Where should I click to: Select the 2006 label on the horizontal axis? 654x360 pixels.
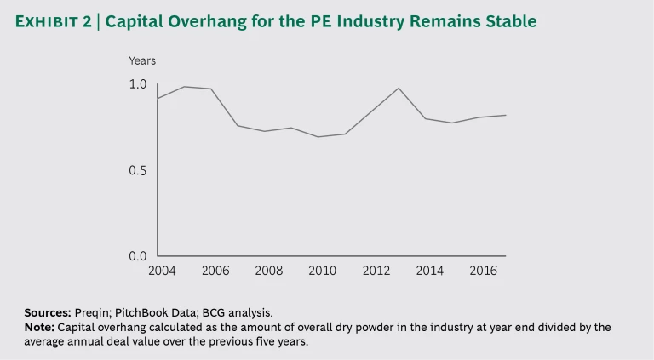[x=215, y=271]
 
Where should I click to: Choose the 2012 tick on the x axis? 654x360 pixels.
[x=376, y=271]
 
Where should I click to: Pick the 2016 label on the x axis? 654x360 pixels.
[x=482, y=271]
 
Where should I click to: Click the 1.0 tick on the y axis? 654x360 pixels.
[x=138, y=84]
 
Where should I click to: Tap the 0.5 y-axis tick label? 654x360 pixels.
[x=138, y=170]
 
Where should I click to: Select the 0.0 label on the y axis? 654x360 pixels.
[x=138, y=256]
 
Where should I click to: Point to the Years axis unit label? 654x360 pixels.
[x=142, y=60]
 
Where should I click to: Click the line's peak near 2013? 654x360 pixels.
[x=399, y=88]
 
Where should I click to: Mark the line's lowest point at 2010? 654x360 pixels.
[x=318, y=137]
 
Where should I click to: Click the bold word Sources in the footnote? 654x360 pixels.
[x=47, y=313]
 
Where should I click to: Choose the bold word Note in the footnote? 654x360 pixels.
[x=39, y=327]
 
